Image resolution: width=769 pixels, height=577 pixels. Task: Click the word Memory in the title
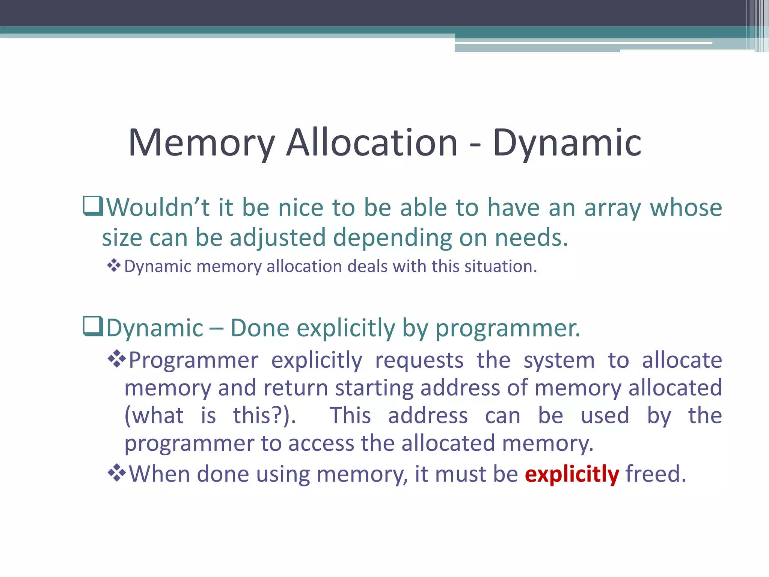(x=202, y=143)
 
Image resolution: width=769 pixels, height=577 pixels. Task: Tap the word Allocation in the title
(x=372, y=143)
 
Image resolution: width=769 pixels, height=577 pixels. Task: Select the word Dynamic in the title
(x=567, y=143)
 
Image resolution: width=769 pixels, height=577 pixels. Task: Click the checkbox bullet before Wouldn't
(x=92, y=207)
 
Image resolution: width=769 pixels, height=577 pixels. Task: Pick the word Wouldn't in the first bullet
(x=158, y=208)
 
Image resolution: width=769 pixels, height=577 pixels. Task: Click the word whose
(x=686, y=208)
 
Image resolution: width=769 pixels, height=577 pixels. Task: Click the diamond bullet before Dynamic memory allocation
(x=113, y=266)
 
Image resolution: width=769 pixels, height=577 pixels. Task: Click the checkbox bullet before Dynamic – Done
(x=92, y=327)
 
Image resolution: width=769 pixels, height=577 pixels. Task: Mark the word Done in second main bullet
(x=259, y=328)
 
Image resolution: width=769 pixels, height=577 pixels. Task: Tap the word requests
(x=419, y=360)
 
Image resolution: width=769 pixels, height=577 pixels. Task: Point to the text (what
(x=154, y=416)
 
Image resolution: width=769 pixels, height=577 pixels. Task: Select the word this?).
(x=264, y=416)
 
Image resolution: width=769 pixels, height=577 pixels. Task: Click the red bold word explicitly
(x=571, y=474)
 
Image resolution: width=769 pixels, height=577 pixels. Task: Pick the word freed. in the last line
(x=656, y=474)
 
